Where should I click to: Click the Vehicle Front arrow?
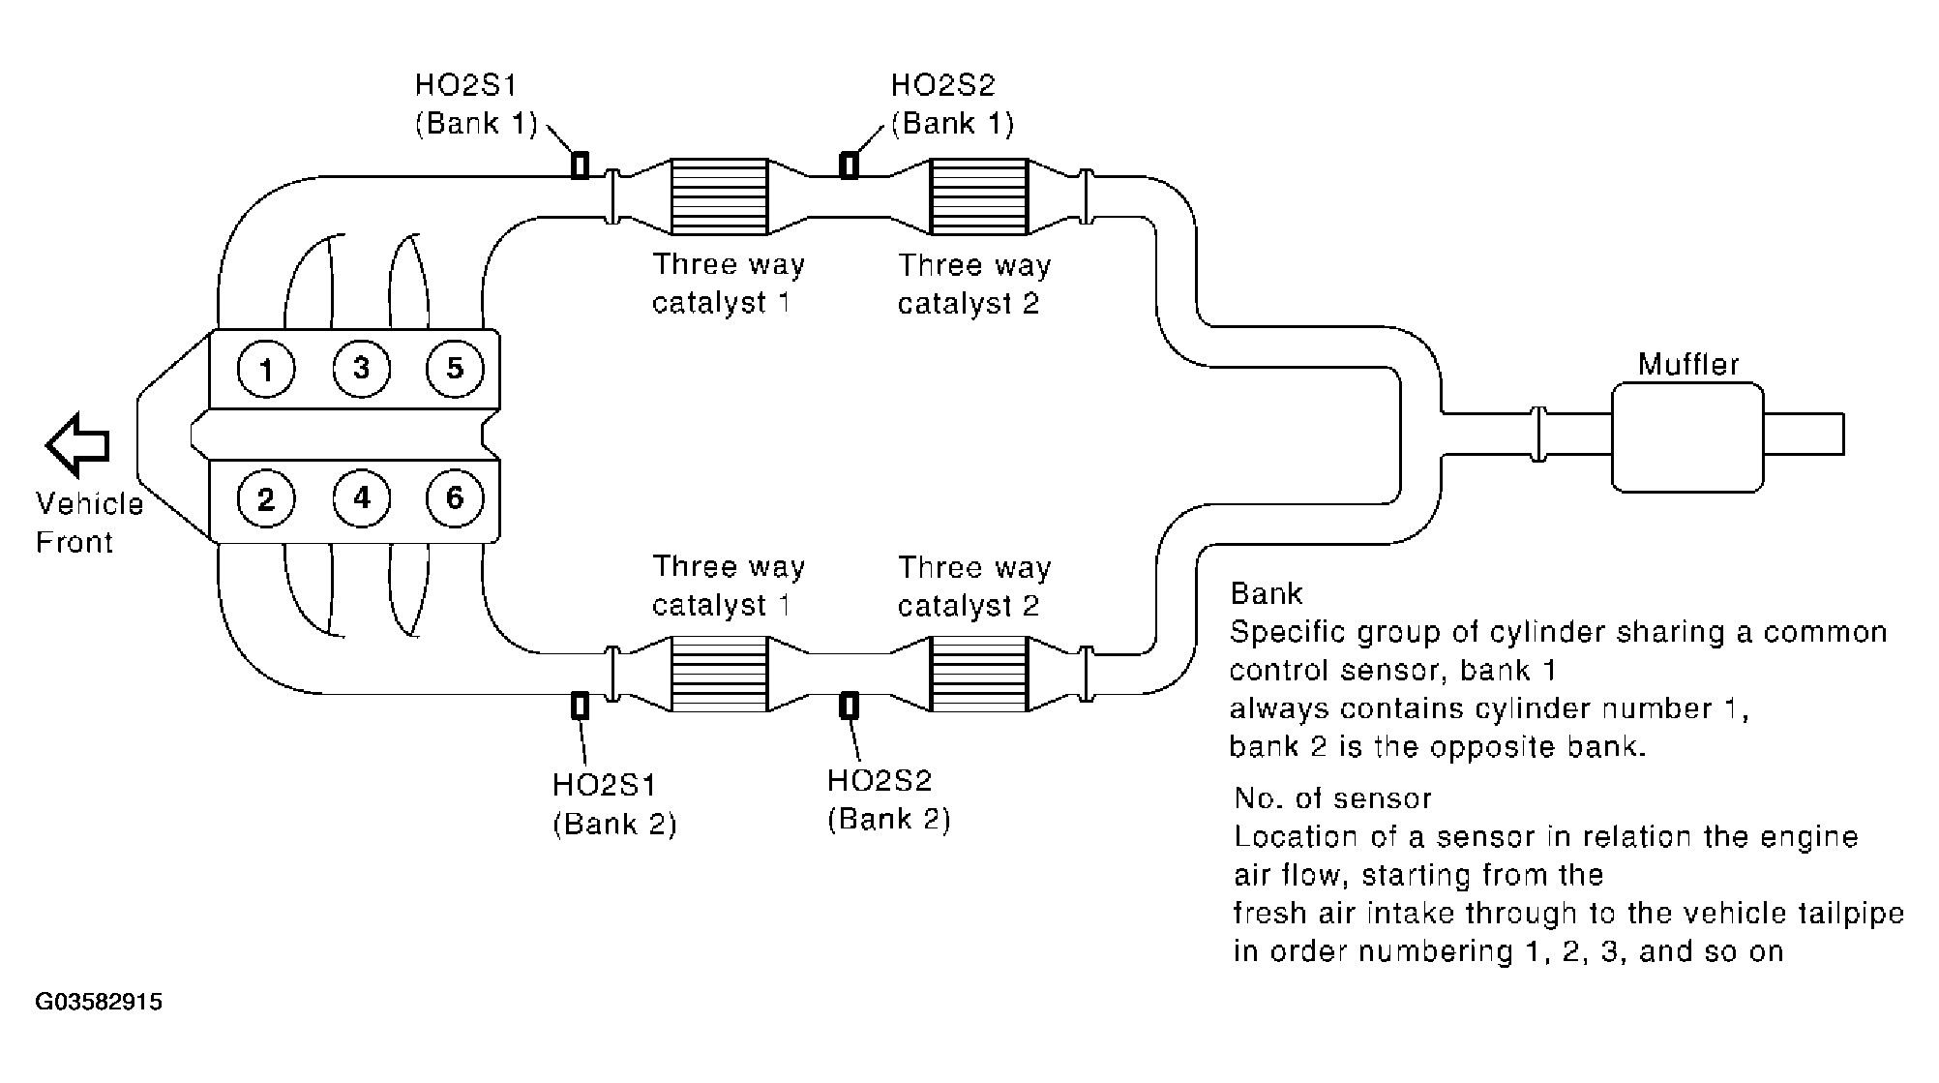pyautogui.click(x=77, y=445)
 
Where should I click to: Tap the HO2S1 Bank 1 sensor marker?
pyautogui.click(x=580, y=165)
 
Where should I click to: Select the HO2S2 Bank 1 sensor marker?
pyautogui.click(x=849, y=165)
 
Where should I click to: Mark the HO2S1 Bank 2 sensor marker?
pyautogui.click(x=580, y=706)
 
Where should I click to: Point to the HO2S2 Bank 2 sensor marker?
pyautogui.click(x=849, y=706)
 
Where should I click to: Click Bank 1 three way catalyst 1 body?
pyautogui.click(x=719, y=196)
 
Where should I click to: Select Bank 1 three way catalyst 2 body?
pyautogui.click(x=978, y=196)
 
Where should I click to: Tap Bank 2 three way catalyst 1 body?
pyautogui.click(x=719, y=675)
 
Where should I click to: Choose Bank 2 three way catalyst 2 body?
pyautogui.click(x=978, y=675)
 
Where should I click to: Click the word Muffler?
pyautogui.click(x=1688, y=365)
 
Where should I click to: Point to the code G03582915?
pyautogui.click(x=99, y=1002)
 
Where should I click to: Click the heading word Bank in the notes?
pyautogui.click(x=1267, y=593)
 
